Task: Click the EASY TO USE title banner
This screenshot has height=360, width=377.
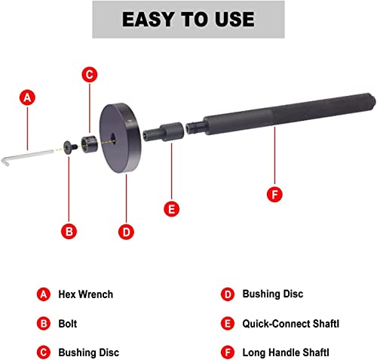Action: pyautogui.click(x=188, y=19)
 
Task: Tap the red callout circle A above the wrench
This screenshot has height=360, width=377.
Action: pyautogui.click(x=28, y=97)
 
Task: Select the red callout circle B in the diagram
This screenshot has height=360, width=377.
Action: pyautogui.click(x=69, y=231)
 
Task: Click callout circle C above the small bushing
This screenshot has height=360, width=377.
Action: pyautogui.click(x=89, y=74)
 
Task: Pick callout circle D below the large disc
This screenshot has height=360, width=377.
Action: pyautogui.click(x=125, y=231)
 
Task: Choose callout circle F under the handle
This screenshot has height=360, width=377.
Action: pyautogui.click(x=275, y=194)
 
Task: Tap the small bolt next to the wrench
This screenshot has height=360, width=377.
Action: pyautogui.click(x=70, y=145)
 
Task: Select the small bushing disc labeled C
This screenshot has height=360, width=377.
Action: pyautogui.click(x=88, y=142)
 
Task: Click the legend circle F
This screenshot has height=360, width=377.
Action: pyautogui.click(x=226, y=351)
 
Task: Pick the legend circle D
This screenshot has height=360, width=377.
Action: pyautogui.click(x=226, y=293)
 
